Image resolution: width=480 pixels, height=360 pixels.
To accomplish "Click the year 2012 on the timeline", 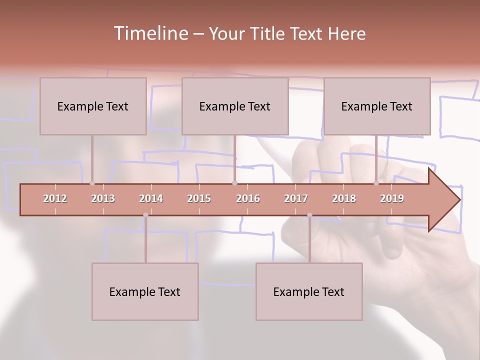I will pyautogui.click(x=55, y=198).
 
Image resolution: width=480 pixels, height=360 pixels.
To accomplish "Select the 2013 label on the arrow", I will pyautogui.click(x=103, y=198).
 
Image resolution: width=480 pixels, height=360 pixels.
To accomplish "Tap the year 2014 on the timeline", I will pyautogui.click(x=151, y=198).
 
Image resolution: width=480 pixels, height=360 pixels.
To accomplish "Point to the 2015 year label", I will pyautogui.click(x=199, y=198).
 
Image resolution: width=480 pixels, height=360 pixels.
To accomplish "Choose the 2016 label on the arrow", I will pyautogui.click(x=248, y=198).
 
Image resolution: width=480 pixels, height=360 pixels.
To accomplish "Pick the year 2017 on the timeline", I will pyautogui.click(x=296, y=198).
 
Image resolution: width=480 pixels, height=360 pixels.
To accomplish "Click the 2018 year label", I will pyautogui.click(x=344, y=198).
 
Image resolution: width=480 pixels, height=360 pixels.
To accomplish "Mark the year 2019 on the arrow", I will pyautogui.click(x=392, y=198).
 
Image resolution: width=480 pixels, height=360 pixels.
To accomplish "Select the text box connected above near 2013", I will pyautogui.click(x=93, y=106).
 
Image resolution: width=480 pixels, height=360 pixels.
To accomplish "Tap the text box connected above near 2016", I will pyautogui.click(x=235, y=106).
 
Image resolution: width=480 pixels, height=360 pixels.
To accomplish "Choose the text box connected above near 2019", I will pyautogui.click(x=377, y=106).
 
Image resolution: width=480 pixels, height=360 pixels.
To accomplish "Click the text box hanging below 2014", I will pyautogui.click(x=145, y=291).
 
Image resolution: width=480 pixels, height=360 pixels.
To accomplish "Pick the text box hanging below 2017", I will pyautogui.click(x=309, y=291).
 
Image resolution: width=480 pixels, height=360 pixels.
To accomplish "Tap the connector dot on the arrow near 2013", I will pyautogui.click(x=92, y=183).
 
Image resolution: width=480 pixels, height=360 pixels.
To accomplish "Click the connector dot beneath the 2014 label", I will pyautogui.click(x=145, y=215).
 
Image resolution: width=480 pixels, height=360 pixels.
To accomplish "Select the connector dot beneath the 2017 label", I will pyautogui.click(x=309, y=215).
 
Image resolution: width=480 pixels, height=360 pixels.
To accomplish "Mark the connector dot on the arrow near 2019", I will pyautogui.click(x=376, y=183).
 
